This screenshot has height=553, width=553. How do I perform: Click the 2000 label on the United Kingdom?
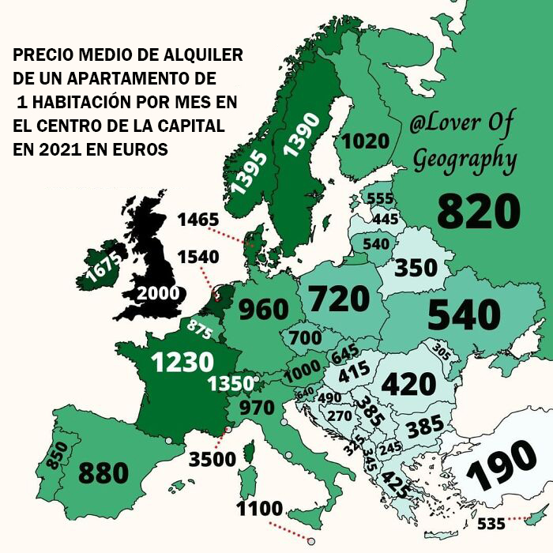pos(159,293)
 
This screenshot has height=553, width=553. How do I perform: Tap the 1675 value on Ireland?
pos(103,269)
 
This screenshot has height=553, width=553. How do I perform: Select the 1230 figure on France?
pos(182,362)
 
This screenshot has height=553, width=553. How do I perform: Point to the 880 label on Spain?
pos(103,472)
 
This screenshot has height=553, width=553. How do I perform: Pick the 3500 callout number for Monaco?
pos(212,460)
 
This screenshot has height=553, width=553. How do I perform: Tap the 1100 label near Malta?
pos(259,509)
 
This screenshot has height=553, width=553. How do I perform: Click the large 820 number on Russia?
pos(479,211)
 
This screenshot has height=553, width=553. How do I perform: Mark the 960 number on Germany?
pos(263,310)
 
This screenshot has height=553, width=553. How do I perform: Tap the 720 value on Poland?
pos(339,299)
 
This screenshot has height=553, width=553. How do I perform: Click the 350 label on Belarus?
pos(416,268)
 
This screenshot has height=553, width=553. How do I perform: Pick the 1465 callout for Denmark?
pos(197,220)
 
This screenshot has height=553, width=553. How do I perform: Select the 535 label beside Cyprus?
pos(493,524)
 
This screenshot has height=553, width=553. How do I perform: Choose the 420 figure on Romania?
pos(408,384)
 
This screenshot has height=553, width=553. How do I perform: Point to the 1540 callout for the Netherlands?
pos(197,257)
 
